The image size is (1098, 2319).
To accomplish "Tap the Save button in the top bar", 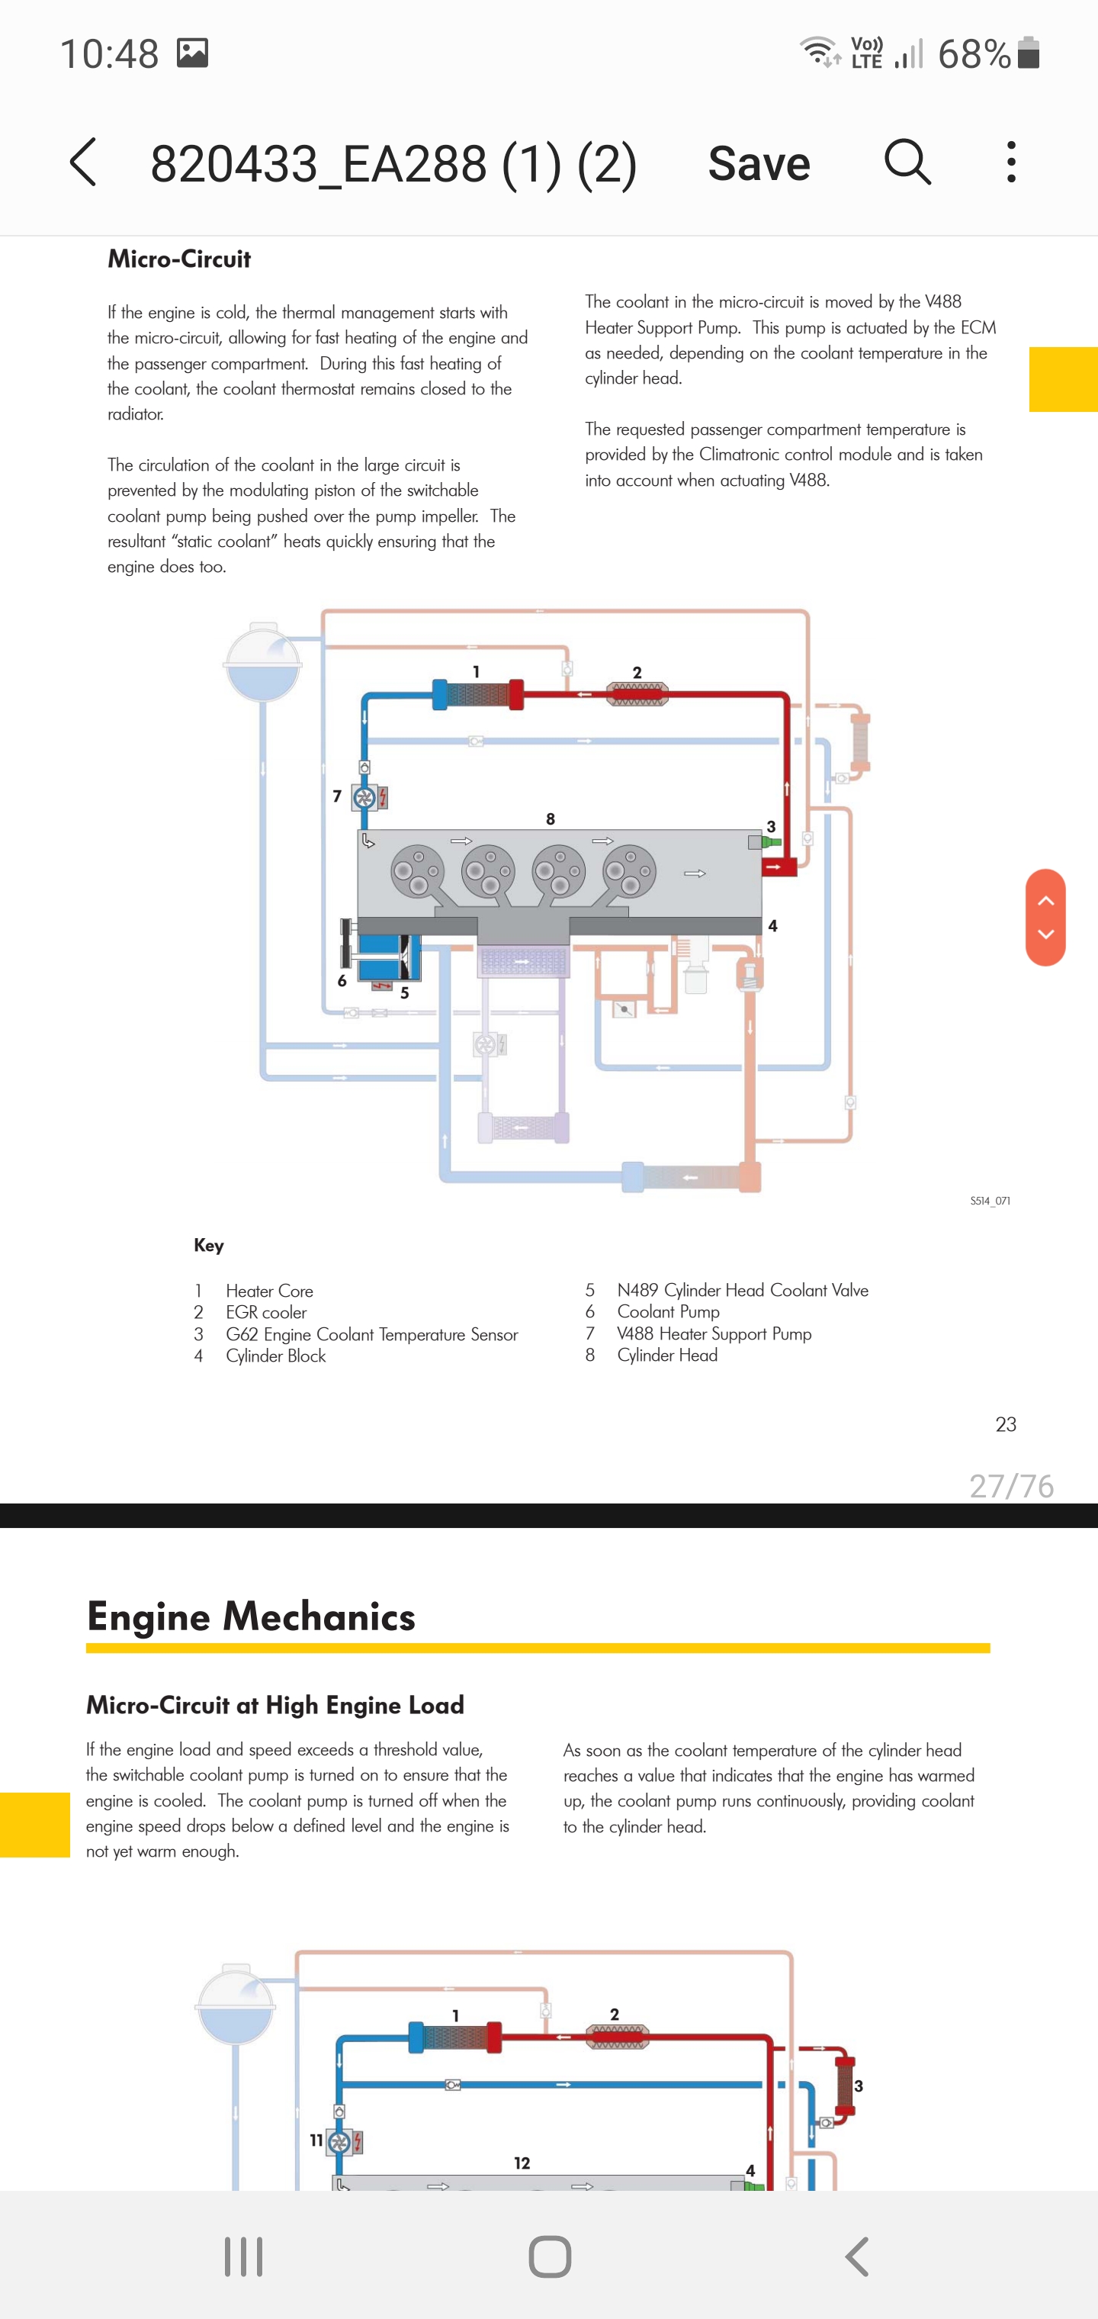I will point(759,163).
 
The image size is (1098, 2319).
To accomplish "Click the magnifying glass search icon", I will point(907,162).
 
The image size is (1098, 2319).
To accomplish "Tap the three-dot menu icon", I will point(1012,162).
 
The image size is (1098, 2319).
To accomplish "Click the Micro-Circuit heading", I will point(179,259).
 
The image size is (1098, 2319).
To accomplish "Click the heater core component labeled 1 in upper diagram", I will point(478,695).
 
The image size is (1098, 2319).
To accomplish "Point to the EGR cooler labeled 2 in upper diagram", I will point(637,694).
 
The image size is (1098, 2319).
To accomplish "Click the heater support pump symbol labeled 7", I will point(365,798).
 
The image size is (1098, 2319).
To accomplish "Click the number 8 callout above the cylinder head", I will point(551,819).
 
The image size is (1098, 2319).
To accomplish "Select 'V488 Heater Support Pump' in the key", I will point(714,1334).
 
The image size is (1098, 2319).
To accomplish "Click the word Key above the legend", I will point(209,1246).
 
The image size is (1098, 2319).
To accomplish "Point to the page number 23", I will point(1005,1425).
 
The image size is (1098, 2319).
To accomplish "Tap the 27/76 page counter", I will point(1011,1486).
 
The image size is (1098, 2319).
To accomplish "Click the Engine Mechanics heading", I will point(251,1618).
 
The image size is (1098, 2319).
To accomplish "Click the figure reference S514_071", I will point(990,1201).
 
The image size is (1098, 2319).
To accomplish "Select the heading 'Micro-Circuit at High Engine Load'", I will point(275,1706).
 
